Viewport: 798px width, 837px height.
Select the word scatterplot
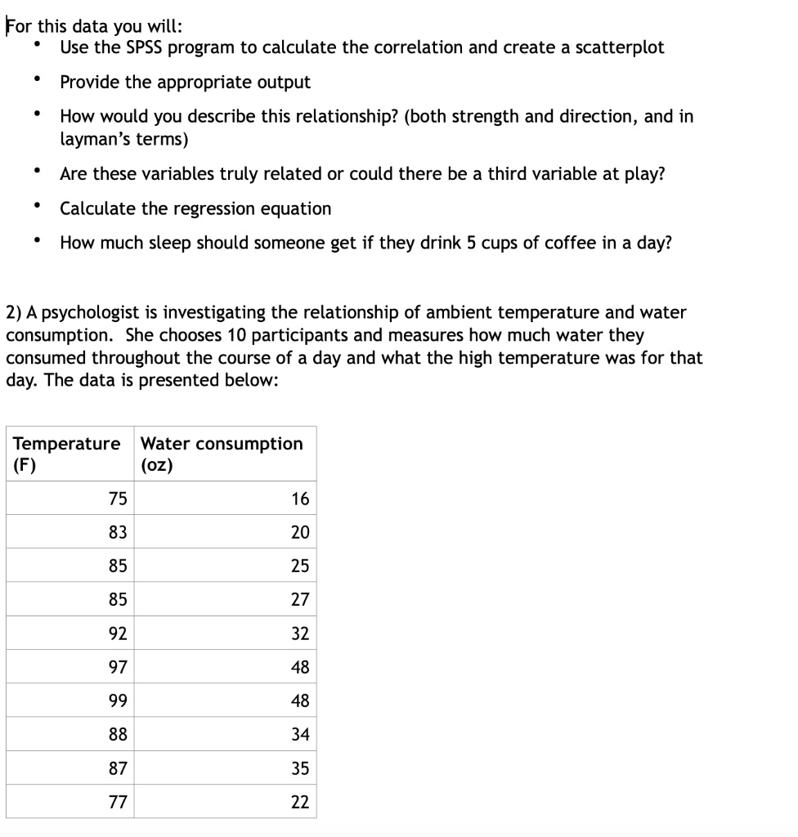(616, 47)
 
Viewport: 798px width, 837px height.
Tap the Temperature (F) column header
(66, 454)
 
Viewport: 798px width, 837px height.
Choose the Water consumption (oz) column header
(222, 454)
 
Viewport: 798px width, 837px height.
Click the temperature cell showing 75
(118, 499)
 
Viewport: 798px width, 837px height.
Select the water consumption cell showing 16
(300, 499)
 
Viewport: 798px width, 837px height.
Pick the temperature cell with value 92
(118, 633)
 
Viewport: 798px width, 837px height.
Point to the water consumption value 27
(300, 600)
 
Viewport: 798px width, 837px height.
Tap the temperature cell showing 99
(118, 701)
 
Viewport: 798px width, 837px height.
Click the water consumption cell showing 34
(300, 735)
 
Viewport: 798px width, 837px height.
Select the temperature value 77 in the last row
(118, 802)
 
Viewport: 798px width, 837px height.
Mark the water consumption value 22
(300, 802)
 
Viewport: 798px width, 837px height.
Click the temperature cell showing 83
(118, 532)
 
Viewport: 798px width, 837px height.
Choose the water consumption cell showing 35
(300, 768)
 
